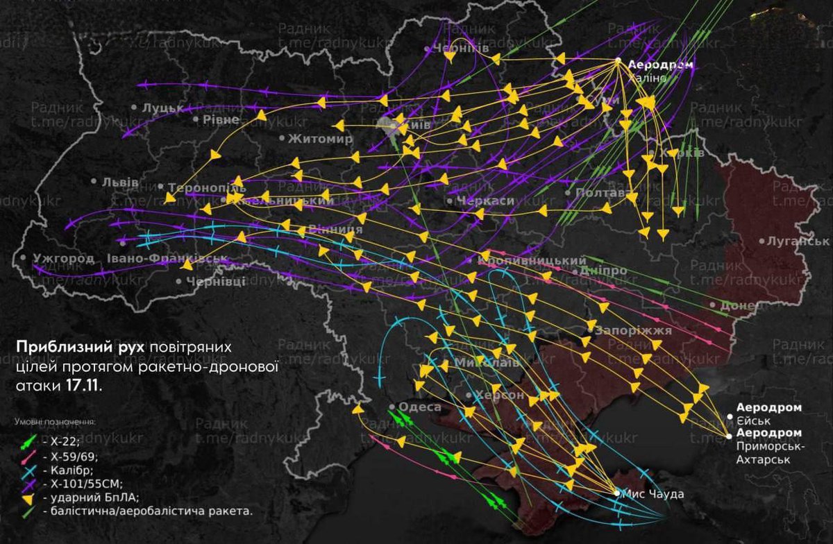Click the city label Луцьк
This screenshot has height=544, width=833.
click(162, 108)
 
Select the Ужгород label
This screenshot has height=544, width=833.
click(63, 259)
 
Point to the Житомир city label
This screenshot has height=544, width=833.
click(320, 138)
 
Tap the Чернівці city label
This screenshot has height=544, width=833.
click(216, 281)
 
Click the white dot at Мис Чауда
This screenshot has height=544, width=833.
click(617, 493)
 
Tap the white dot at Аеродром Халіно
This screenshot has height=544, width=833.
click(618, 61)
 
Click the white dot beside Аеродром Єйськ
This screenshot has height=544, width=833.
click(730, 416)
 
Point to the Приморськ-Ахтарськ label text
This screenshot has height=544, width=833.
click(770, 445)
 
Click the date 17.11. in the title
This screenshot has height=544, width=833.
click(84, 386)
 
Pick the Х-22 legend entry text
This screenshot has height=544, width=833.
click(56, 441)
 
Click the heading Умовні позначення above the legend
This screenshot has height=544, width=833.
click(55, 421)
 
